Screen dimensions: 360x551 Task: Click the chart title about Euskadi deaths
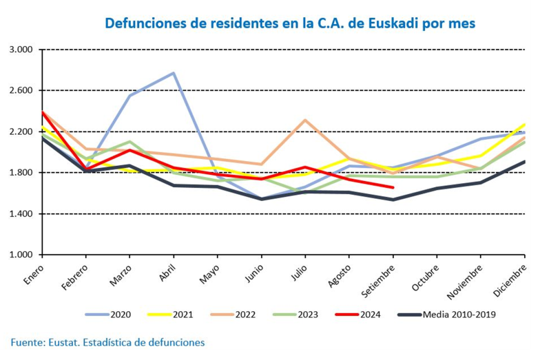(x=289, y=23)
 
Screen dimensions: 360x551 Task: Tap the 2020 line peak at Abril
(x=174, y=73)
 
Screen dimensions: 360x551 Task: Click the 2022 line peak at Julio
(x=305, y=120)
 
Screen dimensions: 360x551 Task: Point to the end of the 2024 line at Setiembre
(x=393, y=187)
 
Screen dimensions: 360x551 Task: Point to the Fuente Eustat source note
(x=107, y=342)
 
